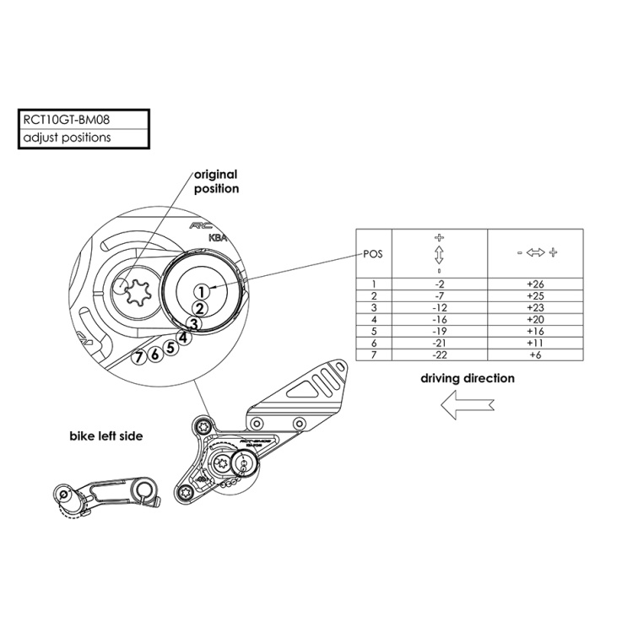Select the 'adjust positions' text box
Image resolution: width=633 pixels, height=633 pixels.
pyautogui.click(x=68, y=137)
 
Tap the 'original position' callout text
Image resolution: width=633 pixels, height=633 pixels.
pyautogui.click(x=216, y=181)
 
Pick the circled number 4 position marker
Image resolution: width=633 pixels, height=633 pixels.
pyautogui.click(x=183, y=337)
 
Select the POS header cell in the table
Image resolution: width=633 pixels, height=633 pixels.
pyautogui.click(x=373, y=253)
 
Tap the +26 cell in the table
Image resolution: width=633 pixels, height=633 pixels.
pyautogui.click(x=535, y=284)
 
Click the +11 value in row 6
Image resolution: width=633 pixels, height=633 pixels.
pyautogui.click(x=535, y=344)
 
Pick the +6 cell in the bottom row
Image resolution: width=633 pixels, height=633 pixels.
pyautogui.click(x=535, y=356)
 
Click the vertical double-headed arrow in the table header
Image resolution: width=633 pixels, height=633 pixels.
pyautogui.click(x=439, y=253)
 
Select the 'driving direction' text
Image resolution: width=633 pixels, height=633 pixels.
pyautogui.click(x=467, y=378)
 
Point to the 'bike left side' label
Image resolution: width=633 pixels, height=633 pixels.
pyautogui.click(x=105, y=436)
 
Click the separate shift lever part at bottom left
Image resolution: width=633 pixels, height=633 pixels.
pyautogui.click(x=105, y=498)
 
